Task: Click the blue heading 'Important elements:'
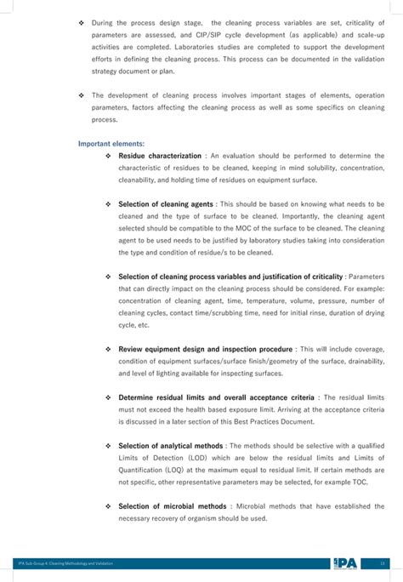click(111, 144)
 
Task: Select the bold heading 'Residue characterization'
click(160, 157)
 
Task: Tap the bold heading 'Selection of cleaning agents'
click(166, 204)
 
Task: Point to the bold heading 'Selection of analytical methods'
click(171, 445)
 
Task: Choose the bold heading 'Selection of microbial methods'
click(172, 505)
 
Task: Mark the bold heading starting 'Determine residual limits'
click(216, 397)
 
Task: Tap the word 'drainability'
click(361, 361)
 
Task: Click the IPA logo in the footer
click(345, 562)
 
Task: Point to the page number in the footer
click(383, 562)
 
